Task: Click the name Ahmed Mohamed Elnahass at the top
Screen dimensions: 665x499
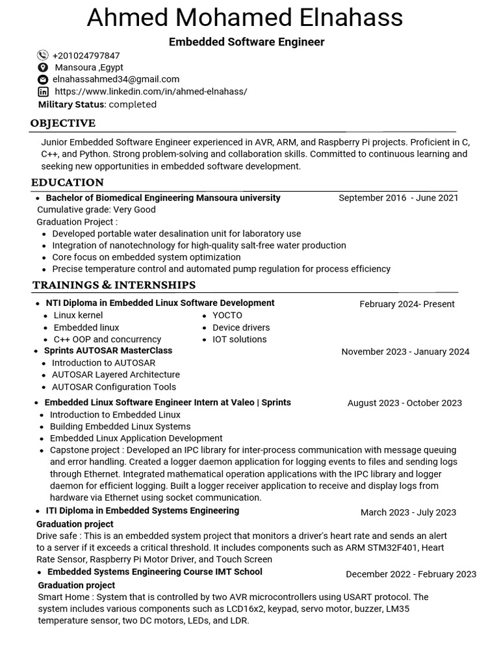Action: [x=245, y=18]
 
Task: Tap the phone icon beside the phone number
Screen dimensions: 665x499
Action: [x=43, y=56]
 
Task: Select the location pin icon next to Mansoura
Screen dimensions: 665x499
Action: [x=43, y=68]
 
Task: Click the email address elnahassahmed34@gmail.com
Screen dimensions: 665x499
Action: [x=116, y=79]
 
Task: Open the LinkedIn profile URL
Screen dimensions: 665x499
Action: [x=151, y=92]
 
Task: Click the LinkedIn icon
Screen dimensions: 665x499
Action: [x=43, y=92]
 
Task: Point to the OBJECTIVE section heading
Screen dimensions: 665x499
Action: [x=63, y=123]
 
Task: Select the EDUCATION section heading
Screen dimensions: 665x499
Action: [x=68, y=182]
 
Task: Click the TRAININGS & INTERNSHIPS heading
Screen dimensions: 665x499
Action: [x=114, y=285]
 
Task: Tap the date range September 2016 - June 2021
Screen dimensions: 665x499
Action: [x=398, y=198]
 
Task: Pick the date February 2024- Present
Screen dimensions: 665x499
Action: [x=407, y=304]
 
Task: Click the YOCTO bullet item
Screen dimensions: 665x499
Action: [x=227, y=316]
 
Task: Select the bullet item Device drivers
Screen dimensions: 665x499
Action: [x=240, y=327]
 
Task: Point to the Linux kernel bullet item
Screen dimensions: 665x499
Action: [x=78, y=316]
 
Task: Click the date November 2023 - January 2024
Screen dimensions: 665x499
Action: [x=405, y=352]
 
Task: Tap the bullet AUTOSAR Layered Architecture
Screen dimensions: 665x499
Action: [x=116, y=375]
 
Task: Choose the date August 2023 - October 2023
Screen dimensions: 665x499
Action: [x=404, y=403]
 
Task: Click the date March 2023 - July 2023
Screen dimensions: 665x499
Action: [x=408, y=512]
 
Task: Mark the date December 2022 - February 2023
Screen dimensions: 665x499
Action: [x=411, y=574]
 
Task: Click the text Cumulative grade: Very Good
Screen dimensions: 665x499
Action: [x=96, y=210]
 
